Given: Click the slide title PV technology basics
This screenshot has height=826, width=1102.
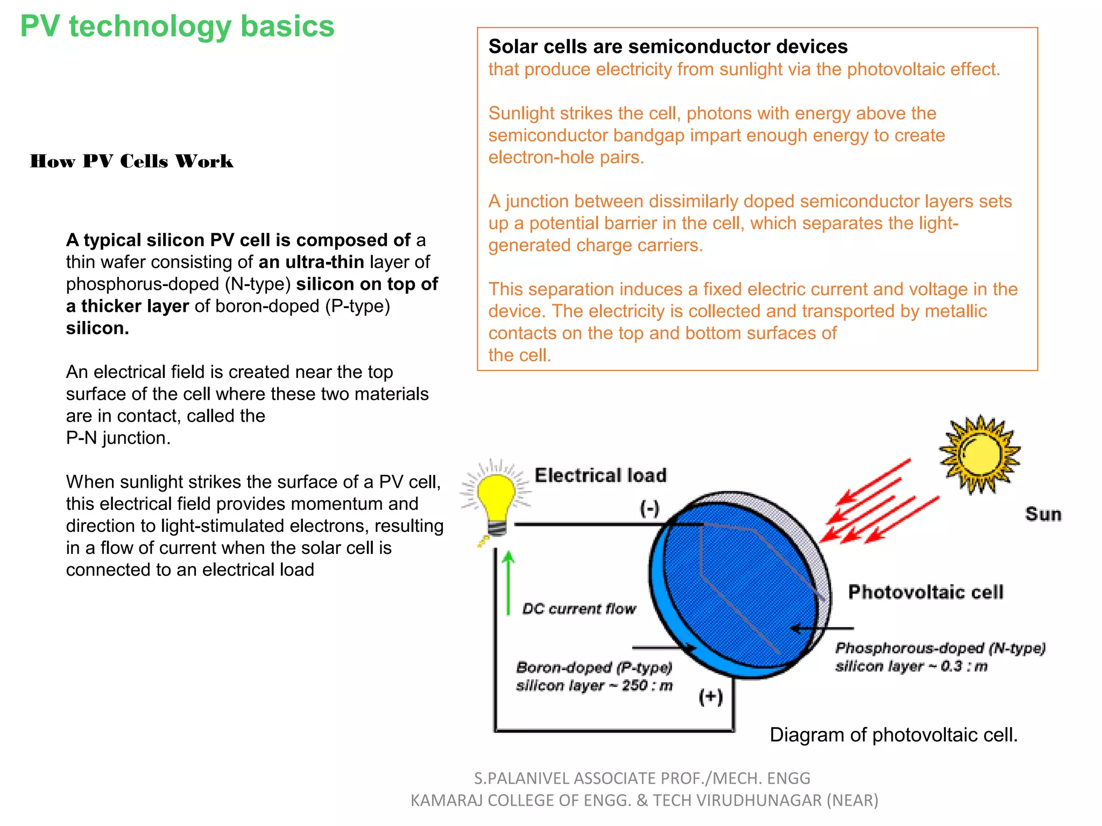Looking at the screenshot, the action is coord(177,26).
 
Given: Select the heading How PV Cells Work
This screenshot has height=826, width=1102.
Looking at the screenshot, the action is coord(132,161).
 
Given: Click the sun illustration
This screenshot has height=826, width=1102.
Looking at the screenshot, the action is coord(979,454).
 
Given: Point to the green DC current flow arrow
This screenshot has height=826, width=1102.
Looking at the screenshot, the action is coord(508,583).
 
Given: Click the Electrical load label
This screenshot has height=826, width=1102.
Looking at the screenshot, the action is coord(601,475).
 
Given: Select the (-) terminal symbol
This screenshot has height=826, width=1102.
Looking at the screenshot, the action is coord(649,508).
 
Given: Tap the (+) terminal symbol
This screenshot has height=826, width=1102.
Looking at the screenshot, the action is coord(710,697).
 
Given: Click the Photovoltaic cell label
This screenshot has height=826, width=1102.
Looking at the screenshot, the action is coord(926,592).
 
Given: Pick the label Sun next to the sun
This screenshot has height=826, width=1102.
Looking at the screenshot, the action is coord(1043,514).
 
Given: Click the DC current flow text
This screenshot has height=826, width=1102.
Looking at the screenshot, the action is coord(579,609).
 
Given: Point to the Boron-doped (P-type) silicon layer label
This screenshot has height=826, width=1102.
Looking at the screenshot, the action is coord(594,677).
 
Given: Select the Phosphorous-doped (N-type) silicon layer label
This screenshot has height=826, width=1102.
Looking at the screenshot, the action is coord(939,657).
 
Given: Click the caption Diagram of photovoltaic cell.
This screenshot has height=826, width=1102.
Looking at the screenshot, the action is coord(893,735).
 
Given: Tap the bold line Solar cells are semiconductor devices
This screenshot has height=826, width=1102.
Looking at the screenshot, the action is coord(668,47).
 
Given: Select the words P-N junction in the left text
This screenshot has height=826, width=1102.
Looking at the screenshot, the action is coord(118,438).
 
